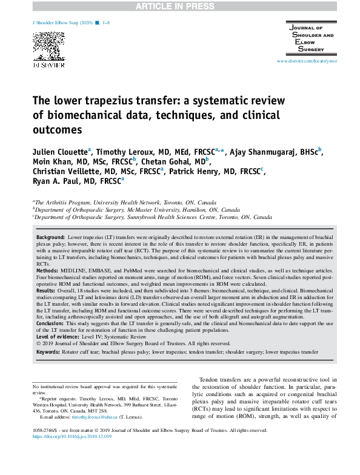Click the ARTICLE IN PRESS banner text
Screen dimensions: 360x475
pyautogui.click(x=179, y=7)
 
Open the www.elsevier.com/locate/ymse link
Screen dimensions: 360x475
pyautogui.click(x=306, y=62)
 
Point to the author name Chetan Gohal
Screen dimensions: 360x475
pyautogui.click(x=176, y=161)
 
